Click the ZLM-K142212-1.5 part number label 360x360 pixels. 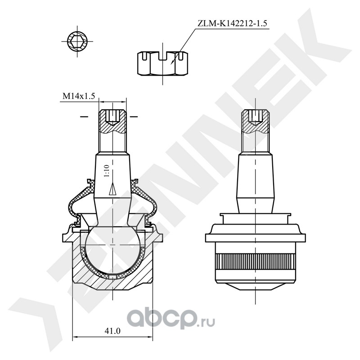point(232,24)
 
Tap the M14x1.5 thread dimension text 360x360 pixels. point(79,96)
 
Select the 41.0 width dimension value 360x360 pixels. point(112,331)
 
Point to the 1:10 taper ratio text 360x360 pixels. point(107,171)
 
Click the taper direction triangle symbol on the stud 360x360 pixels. point(112,189)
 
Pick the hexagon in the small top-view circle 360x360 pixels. point(77,41)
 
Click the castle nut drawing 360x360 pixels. point(162,63)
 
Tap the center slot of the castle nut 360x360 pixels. point(162,56)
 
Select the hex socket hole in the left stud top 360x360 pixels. point(112,117)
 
